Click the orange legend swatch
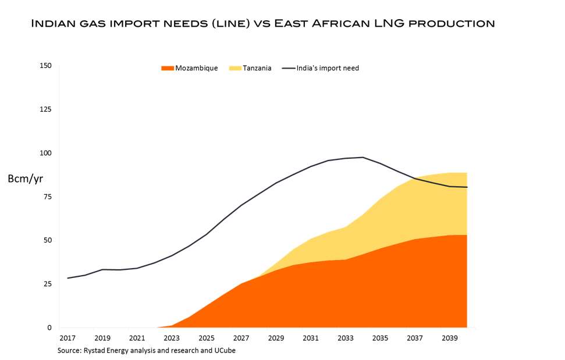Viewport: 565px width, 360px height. click(168, 69)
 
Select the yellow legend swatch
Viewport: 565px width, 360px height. click(235, 69)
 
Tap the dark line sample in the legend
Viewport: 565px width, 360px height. click(289, 69)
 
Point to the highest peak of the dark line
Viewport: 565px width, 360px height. click(363, 157)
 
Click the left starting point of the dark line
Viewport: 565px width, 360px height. click(67, 278)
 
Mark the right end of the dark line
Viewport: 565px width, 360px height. click(467, 187)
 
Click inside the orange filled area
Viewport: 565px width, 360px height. click(349, 297)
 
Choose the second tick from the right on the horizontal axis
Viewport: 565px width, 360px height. click(440, 329)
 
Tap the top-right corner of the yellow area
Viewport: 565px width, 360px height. click(467, 172)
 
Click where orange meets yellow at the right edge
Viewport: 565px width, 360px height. click(467, 235)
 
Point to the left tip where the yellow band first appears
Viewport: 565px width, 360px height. click(242, 283)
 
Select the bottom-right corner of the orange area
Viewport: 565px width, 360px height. click(467, 327)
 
